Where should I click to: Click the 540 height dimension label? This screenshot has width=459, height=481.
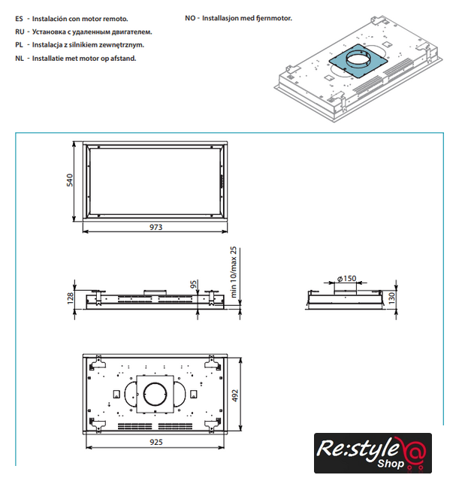point(70,180)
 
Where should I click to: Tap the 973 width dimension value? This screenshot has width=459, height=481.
point(156,227)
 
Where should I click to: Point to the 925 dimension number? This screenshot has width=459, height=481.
point(156,442)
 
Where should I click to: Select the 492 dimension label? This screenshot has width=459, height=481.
point(235,396)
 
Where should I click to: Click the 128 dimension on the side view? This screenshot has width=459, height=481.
point(70,298)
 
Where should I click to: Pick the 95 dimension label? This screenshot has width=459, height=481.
point(193,284)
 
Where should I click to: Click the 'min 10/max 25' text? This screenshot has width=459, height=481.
point(234,272)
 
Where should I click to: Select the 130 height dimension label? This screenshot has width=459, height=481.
point(391,298)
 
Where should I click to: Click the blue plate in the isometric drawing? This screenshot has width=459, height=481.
point(358,63)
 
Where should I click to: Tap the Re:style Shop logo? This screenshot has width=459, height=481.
point(373,452)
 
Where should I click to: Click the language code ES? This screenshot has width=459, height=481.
point(19,19)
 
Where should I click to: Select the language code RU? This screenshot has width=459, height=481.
point(20,32)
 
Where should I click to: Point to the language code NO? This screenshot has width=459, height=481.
point(190,18)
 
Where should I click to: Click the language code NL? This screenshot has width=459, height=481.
point(20,59)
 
